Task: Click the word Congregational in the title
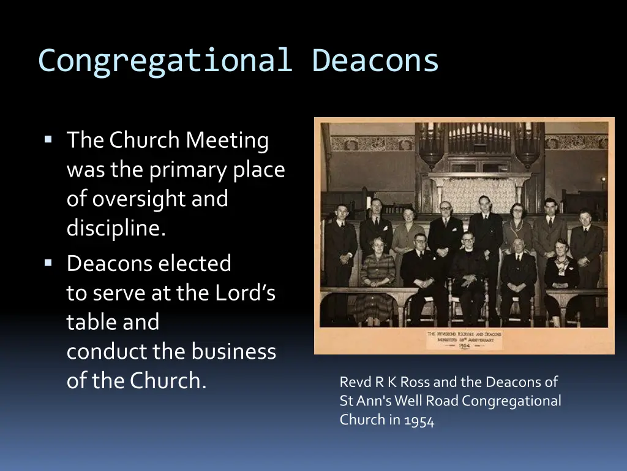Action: point(163,61)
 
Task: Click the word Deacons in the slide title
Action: point(375,61)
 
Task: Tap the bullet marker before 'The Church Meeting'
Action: point(48,140)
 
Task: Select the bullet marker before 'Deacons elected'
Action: point(48,263)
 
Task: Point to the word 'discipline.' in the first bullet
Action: point(116,228)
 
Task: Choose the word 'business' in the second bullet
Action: point(233,351)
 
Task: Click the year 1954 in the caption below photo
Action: point(419,421)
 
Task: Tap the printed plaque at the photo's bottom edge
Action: point(465,340)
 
